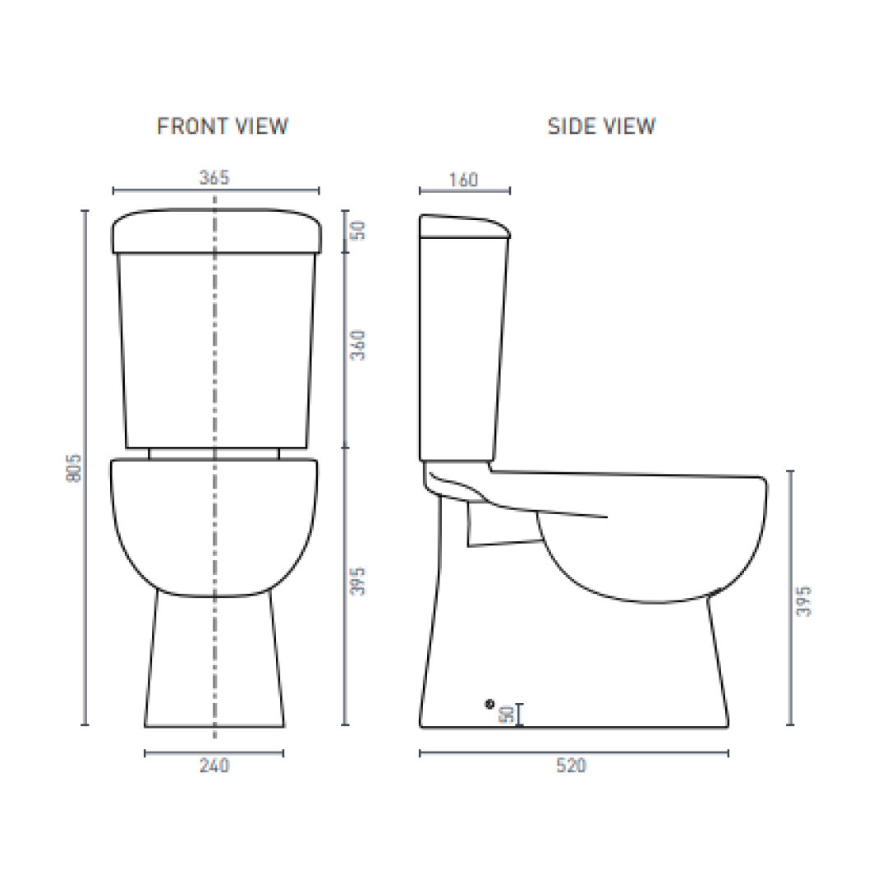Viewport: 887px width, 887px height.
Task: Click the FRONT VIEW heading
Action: pyautogui.click(x=223, y=126)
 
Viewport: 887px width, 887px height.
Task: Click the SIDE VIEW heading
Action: pyautogui.click(x=602, y=126)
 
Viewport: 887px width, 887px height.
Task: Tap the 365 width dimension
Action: pyautogui.click(x=214, y=177)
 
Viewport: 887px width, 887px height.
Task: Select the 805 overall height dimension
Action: pyautogui.click(x=73, y=468)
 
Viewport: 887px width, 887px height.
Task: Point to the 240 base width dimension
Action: pyautogui.click(x=214, y=766)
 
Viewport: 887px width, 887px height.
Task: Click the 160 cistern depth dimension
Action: pyautogui.click(x=464, y=179)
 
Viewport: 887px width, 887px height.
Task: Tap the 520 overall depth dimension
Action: pyautogui.click(x=572, y=766)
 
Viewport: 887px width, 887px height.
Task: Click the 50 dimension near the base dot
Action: pyautogui.click(x=508, y=714)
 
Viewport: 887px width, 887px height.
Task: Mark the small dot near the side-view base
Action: pyautogui.click(x=490, y=703)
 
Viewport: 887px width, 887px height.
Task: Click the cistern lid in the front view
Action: pyautogui.click(x=214, y=231)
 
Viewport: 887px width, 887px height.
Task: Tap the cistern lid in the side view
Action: pyautogui.click(x=464, y=227)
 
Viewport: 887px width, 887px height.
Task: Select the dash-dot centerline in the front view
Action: pyautogui.click(x=215, y=370)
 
